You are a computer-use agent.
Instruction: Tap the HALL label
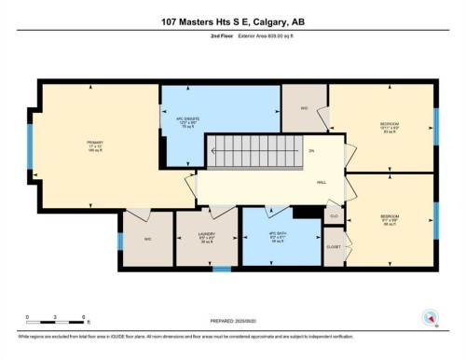tap(322, 183)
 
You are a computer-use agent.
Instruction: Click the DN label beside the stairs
tap(311, 150)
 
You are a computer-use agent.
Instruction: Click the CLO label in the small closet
tap(333, 215)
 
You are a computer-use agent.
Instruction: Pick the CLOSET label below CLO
tap(334, 246)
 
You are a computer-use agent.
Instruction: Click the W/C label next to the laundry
tap(147, 238)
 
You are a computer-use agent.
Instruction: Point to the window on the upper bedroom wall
tap(435, 123)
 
